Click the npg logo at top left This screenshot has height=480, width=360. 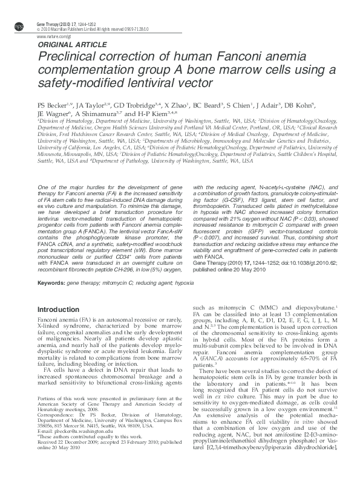click(x=19, y=25)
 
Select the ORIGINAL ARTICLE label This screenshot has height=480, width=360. click(x=64, y=45)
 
